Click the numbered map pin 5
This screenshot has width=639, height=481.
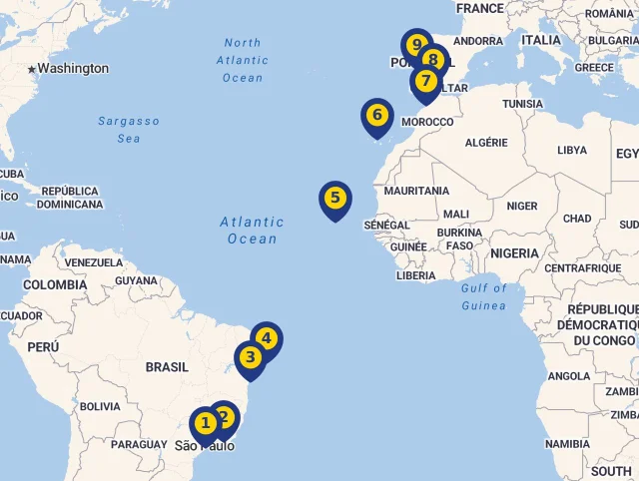click(334, 199)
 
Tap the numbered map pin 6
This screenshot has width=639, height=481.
click(376, 116)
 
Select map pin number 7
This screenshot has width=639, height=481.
click(426, 81)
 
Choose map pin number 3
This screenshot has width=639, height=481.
click(250, 357)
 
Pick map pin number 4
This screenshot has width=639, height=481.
click(267, 338)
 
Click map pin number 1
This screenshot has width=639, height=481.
click(205, 424)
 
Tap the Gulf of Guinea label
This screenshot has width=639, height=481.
click(484, 296)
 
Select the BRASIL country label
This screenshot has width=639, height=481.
click(167, 367)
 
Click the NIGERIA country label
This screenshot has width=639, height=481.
click(515, 253)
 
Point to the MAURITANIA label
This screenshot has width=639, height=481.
click(417, 191)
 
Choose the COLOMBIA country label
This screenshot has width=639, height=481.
click(55, 285)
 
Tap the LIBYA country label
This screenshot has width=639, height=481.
click(572, 151)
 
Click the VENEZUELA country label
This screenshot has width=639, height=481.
click(93, 263)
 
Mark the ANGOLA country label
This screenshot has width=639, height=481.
click(569, 376)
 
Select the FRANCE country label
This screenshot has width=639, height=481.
click(480, 9)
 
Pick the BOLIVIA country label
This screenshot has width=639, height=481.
click(100, 407)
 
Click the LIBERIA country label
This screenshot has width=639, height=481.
click(415, 275)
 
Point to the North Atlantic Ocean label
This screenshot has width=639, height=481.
click(243, 60)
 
